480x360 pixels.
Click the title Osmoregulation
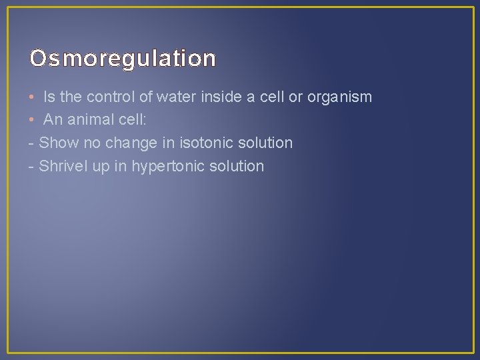tap(123, 59)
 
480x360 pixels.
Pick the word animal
tap(87, 120)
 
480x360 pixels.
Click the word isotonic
tap(199, 143)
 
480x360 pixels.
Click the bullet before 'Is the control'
tap(32, 97)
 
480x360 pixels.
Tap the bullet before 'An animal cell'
tap(32, 120)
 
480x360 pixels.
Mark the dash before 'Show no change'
tap(31, 143)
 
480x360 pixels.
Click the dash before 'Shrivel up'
tap(31, 167)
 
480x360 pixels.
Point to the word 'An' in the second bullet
tap(53, 120)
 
